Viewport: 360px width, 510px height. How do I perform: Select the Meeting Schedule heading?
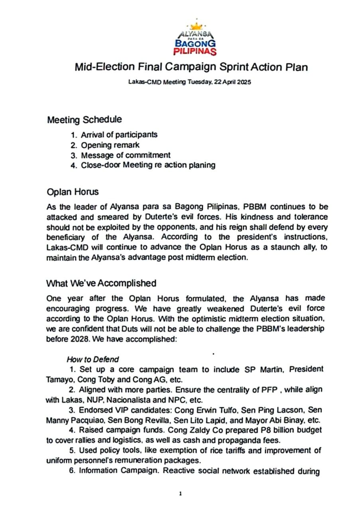pos(84,120)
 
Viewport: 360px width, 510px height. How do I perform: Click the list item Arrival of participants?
pos(119,135)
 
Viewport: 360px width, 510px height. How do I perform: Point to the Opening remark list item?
pos(110,145)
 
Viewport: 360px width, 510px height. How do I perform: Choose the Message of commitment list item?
pos(126,155)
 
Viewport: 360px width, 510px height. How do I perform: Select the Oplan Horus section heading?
pos(73,192)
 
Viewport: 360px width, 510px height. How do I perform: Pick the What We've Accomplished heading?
pos(101,283)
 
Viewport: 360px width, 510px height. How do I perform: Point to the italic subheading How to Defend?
pos(92,359)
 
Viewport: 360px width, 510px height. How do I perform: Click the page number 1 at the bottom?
pos(180,494)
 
